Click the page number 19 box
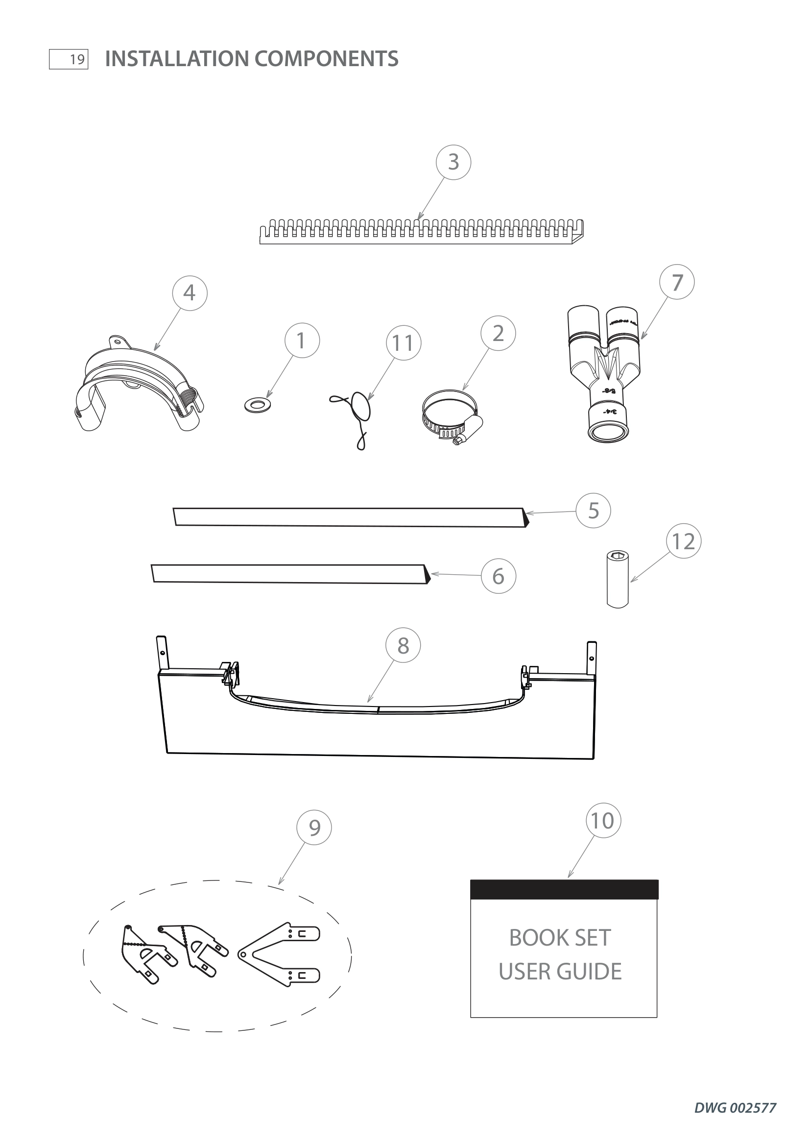69,59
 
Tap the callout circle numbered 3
453,162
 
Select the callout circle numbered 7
677,282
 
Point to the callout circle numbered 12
683,541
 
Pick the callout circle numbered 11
403,343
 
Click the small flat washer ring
259,404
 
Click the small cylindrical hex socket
618,579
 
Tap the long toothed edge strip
422,232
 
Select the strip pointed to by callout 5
349,517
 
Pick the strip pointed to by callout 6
289,574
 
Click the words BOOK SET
560,938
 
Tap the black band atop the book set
564,889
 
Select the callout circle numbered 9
314,827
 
